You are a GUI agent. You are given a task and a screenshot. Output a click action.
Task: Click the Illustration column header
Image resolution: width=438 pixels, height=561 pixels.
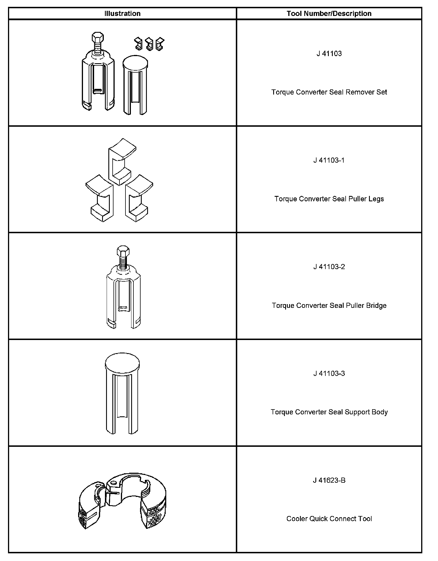point(122,13)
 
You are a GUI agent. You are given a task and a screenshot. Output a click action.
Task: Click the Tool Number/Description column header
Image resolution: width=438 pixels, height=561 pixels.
point(329,13)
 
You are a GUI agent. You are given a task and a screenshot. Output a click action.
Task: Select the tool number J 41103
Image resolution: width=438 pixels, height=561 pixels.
point(329,54)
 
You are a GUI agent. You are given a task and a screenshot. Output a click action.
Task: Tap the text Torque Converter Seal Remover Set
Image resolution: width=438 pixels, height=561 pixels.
point(329,92)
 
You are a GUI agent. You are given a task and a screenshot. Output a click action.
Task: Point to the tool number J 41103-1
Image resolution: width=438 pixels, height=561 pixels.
point(329,160)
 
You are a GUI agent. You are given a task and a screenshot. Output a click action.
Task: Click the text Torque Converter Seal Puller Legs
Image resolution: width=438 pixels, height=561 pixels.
point(329,199)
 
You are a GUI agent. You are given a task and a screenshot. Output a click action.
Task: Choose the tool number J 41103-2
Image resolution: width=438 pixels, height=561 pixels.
point(329,267)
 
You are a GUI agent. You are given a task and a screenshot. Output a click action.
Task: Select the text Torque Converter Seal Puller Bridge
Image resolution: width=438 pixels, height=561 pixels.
point(329,306)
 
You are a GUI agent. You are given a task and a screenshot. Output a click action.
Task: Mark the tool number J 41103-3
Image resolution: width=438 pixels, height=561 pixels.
point(329,373)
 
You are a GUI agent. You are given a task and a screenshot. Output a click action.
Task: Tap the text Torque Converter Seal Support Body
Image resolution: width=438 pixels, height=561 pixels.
point(329,412)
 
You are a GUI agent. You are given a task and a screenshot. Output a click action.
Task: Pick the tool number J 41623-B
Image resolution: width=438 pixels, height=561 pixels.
point(329,480)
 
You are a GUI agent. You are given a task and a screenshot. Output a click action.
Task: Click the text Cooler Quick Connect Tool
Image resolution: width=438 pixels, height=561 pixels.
point(329,519)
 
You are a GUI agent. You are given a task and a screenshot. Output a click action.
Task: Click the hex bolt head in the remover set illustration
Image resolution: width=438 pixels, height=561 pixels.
point(98,37)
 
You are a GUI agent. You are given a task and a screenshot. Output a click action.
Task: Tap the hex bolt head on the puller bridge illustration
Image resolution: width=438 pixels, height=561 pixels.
point(123,251)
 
